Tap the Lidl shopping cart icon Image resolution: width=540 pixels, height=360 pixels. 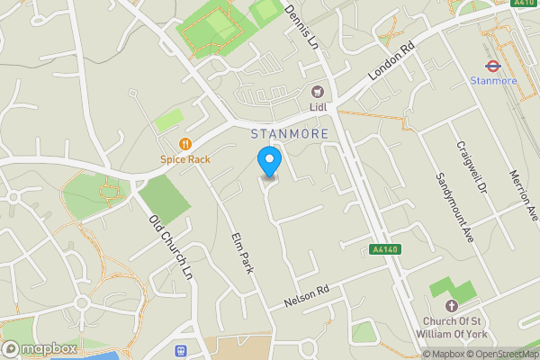pyautogui.click(x=317, y=91)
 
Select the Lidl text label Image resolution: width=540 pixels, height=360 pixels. pyautogui.click(x=317, y=107)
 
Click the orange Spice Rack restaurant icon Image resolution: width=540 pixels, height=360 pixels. pyautogui.click(x=185, y=143)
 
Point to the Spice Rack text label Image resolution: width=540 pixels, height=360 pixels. pyautogui.click(x=185, y=159)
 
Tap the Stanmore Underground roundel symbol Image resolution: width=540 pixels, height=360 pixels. pyautogui.click(x=492, y=65)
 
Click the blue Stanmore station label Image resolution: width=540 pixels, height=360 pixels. pyautogui.click(x=493, y=81)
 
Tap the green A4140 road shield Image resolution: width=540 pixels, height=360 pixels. pyautogui.click(x=383, y=249)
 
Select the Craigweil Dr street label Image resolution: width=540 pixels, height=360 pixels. pyautogui.click(x=471, y=169)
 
